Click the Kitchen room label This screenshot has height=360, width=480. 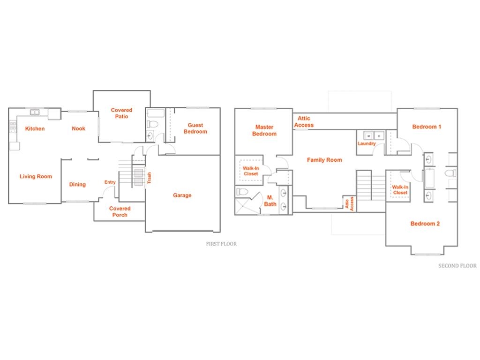point(35,128)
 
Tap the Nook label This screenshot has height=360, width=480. point(78,128)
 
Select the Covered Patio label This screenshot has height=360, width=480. point(121,113)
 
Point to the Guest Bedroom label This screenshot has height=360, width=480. point(195,128)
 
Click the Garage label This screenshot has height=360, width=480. point(182,195)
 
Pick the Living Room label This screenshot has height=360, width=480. point(36,176)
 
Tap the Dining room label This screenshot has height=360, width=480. point(77,184)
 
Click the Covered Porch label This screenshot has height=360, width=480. point(120,211)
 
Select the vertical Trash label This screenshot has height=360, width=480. point(149,178)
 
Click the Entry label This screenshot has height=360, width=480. point(110,182)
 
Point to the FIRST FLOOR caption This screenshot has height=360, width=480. point(221,244)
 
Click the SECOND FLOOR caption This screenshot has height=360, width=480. point(457,266)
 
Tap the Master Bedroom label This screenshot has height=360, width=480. point(264,130)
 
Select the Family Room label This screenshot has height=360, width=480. point(324,160)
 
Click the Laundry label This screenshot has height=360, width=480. point(367,143)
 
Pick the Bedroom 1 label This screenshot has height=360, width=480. point(427,127)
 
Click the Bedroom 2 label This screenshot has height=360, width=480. point(425,224)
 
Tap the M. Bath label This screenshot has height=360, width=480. point(270,201)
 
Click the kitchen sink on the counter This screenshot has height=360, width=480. point(35,112)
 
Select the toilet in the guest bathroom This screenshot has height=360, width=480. point(152,124)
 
